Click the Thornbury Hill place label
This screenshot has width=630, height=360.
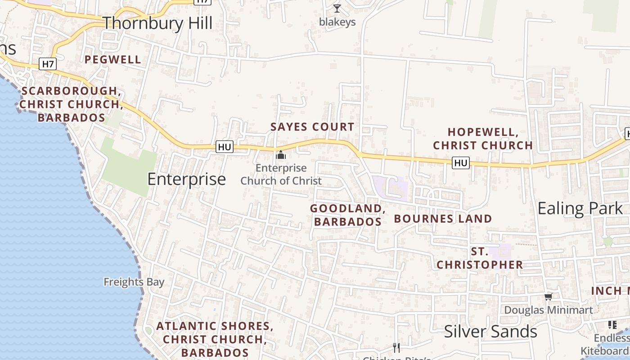coord(157,23)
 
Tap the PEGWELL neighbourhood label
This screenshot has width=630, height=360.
coord(113,59)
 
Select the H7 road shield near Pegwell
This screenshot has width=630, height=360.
coord(48,64)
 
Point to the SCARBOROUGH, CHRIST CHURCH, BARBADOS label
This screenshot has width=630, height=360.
coord(72,104)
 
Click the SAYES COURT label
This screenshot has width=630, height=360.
coord(312,127)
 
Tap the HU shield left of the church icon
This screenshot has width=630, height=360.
coord(225,147)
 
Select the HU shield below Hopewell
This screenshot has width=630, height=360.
coord(461,162)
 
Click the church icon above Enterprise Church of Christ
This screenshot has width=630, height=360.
coord(281,155)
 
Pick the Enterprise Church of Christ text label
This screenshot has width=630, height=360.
coord(281,175)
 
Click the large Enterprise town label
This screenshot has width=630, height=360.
coord(187,179)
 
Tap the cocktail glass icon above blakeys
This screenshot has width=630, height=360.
coord(337,8)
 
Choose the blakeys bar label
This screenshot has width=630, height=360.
coord(337,22)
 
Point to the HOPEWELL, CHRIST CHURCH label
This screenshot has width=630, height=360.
coord(483,139)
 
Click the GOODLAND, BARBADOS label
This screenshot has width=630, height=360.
coord(347,215)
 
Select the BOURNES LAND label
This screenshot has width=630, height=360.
coord(443,219)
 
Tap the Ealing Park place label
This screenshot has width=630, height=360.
coord(580,208)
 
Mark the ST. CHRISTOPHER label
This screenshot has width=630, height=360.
coord(480,258)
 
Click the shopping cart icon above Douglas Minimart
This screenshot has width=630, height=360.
coord(548,297)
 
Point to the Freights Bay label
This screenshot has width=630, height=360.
coord(134,282)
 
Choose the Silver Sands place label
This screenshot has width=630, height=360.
coord(490,332)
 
